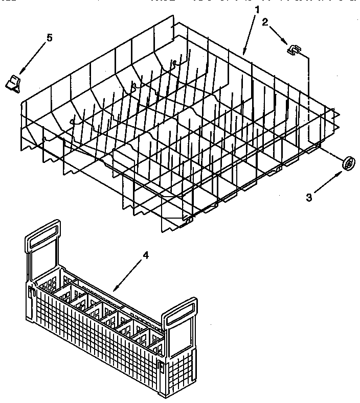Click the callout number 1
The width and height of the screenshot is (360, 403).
coord(257,9)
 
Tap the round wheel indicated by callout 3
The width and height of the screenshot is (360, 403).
coord(349,163)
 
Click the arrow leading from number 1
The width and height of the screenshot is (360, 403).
coord(251,34)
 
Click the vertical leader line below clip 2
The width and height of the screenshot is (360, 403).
coord(309,97)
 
